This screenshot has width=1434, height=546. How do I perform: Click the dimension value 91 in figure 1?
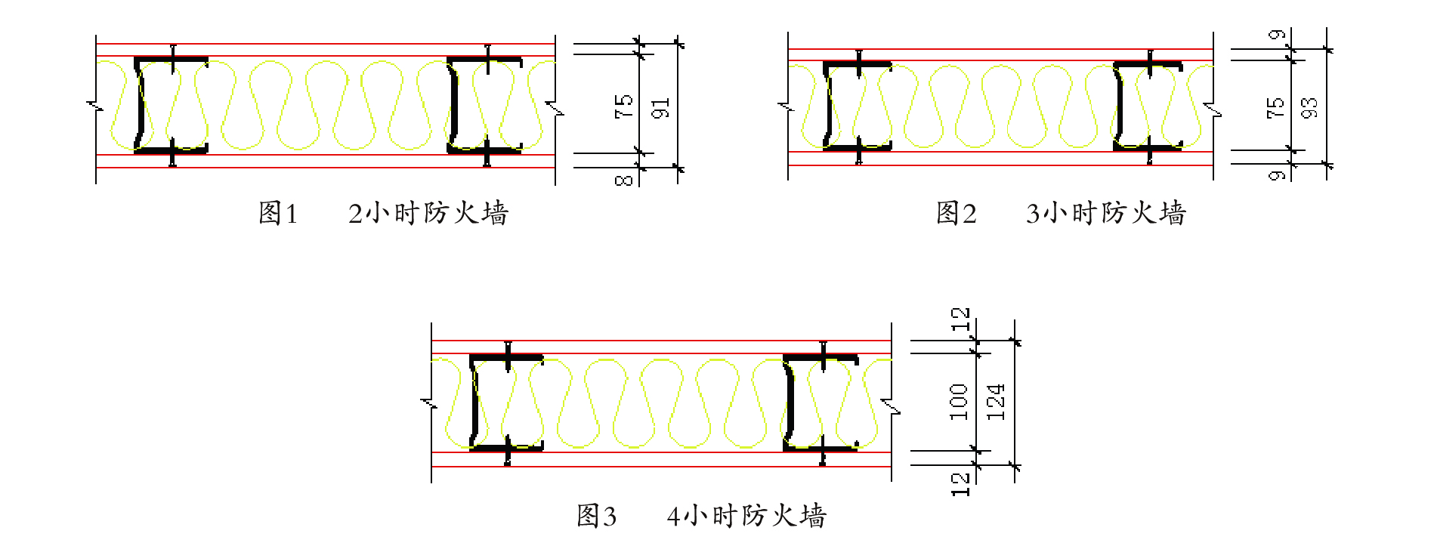point(660,108)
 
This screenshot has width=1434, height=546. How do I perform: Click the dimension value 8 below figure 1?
point(623,180)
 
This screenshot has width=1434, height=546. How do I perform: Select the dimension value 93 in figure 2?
point(1309,107)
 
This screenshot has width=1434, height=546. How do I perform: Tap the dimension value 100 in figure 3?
point(958,402)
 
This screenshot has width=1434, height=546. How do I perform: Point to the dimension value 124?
point(996,402)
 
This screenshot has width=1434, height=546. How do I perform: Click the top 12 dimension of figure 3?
point(960,319)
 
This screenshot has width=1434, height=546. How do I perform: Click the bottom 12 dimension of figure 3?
point(960,484)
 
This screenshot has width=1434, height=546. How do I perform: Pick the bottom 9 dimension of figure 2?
point(1276,175)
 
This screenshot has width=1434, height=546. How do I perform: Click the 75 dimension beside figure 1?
point(623,106)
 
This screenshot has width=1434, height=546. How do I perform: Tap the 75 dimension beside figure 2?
point(1275,107)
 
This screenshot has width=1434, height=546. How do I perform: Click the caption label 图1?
point(277,214)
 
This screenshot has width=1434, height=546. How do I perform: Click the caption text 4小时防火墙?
point(746,517)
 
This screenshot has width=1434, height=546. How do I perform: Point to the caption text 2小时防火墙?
point(428,214)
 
